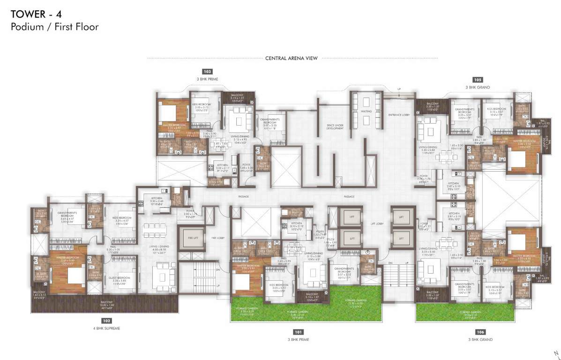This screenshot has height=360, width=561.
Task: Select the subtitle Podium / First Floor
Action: tap(55, 27)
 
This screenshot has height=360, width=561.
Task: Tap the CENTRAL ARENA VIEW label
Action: tap(292, 59)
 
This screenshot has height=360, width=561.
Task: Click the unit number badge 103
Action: tap(207, 72)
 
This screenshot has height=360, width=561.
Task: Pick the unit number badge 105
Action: tap(478, 79)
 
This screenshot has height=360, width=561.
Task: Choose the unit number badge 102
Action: tap(107, 321)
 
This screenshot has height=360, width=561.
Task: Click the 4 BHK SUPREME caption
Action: tap(107, 329)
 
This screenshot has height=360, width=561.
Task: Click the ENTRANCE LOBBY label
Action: tap(399, 115)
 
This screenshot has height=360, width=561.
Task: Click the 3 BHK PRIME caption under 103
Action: tap(207, 79)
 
